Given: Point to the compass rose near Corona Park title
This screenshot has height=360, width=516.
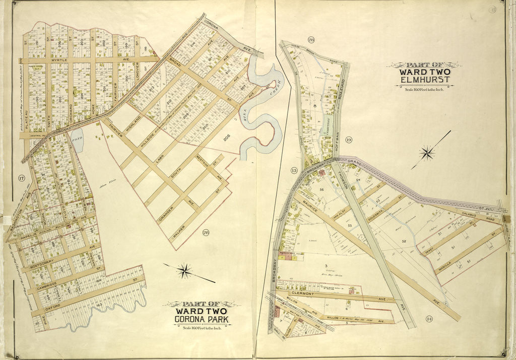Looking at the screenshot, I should [x=185, y=271].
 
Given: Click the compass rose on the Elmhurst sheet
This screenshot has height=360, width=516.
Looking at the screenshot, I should [x=427, y=152].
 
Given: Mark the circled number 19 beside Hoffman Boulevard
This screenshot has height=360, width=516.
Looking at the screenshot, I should [x=349, y=139].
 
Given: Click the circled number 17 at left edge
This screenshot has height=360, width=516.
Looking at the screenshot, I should [x=21, y=177].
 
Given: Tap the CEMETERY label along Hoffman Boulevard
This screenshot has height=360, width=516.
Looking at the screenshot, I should [x=327, y=119].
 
